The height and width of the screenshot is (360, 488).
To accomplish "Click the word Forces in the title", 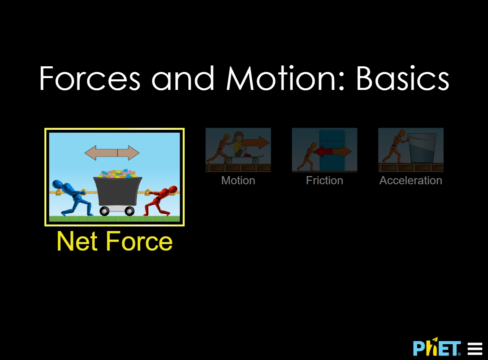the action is (90, 78).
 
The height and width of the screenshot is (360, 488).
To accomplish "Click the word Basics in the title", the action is (403, 78).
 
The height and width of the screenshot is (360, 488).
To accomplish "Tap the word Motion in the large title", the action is (281, 78).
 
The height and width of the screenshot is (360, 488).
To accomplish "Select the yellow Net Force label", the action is (115, 241).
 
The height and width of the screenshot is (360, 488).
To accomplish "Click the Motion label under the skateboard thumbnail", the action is (238, 181).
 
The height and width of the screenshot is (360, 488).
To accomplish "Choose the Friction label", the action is (325, 181).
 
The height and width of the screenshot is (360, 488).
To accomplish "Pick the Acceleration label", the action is (411, 181).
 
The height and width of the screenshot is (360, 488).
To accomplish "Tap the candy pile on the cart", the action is (118, 174).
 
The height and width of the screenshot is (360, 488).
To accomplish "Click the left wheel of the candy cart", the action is (105, 211).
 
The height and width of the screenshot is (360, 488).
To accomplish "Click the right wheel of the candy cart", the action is (129, 211).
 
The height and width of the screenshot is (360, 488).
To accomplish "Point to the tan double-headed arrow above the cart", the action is (112, 153).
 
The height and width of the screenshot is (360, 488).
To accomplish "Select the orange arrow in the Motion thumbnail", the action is (256, 143).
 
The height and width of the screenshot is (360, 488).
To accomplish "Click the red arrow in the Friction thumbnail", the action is (323, 151).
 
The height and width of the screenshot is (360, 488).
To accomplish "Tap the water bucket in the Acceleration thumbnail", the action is (422, 148).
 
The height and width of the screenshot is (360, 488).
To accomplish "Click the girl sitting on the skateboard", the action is (241, 144).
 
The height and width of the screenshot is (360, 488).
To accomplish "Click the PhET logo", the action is (437, 347).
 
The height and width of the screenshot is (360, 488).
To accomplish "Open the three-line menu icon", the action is (475, 349).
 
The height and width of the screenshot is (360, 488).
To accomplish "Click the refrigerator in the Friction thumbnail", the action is (332, 150).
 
